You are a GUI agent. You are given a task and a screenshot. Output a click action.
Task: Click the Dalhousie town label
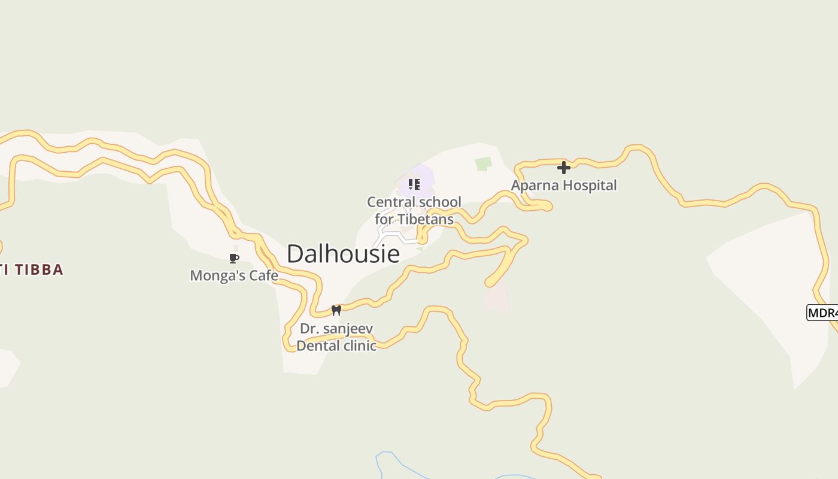click(x=343, y=254)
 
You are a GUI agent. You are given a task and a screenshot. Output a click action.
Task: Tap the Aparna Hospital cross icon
click(x=564, y=168)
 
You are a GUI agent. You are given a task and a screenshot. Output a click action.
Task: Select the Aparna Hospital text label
click(x=563, y=186)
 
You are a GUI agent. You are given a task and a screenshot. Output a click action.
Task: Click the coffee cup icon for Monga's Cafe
click(x=234, y=259)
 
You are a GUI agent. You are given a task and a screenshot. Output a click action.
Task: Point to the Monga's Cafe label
click(x=234, y=275)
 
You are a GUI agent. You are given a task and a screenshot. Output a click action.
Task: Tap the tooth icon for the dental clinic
click(x=336, y=310)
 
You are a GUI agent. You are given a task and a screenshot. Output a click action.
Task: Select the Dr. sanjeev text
click(x=336, y=329)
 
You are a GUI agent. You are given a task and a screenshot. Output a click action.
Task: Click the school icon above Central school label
click(x=414, y=184)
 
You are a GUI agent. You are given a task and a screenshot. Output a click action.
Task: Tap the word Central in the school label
click(x=390, y=202)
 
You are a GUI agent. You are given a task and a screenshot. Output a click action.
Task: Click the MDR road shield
click(x=822, y=313)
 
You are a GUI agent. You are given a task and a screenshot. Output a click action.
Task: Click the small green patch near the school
click(x=483, y=163)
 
